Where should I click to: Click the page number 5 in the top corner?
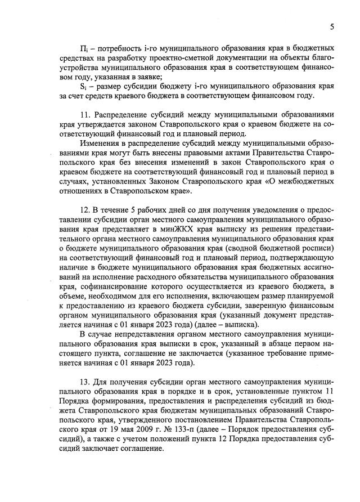point(332,25)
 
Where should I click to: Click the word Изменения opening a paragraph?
point(101,144)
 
